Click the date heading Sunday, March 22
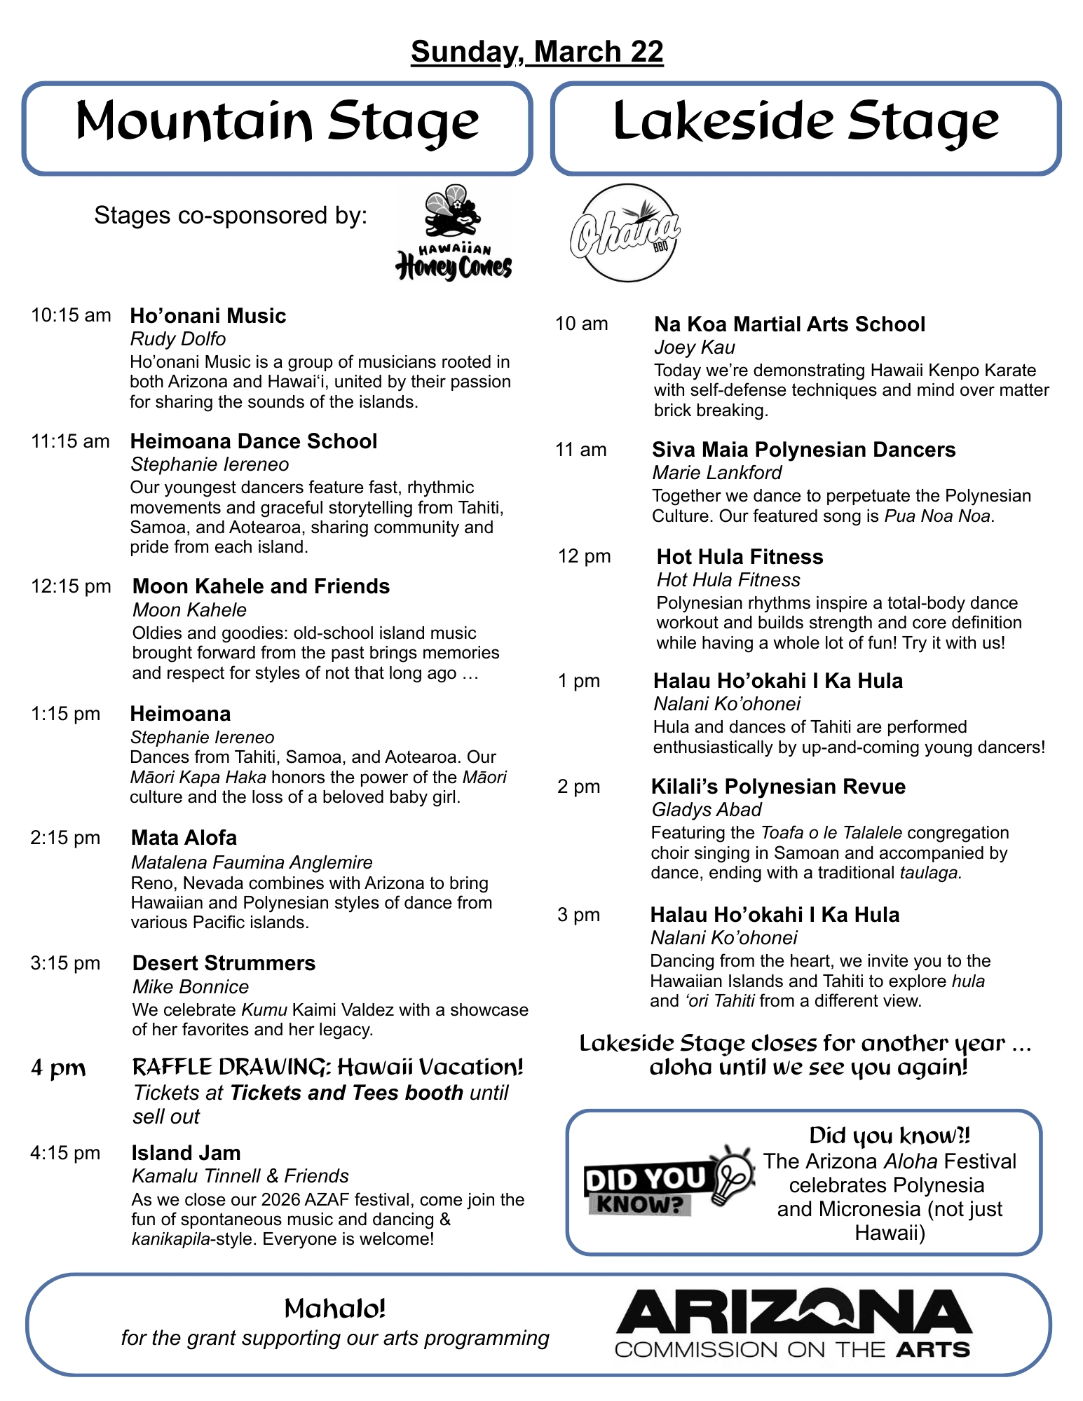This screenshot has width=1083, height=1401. point(537,52)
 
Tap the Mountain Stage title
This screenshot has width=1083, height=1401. point(277,122)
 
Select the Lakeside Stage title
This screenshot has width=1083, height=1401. point(805,122)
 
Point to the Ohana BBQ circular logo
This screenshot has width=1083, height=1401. point(625,233)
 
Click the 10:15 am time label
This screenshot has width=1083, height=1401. point(71,315)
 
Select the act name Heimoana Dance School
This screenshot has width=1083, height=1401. point(254,441)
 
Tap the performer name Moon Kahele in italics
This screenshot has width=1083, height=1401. point(189,610)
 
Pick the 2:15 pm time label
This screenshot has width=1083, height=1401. point(65,838)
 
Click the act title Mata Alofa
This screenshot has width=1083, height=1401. point(184,838)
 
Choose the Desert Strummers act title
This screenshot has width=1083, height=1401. point(224,963)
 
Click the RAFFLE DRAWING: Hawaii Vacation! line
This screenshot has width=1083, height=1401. point(327,1067)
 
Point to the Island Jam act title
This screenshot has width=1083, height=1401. point(186,1153)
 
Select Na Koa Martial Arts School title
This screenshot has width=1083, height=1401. point(789,324)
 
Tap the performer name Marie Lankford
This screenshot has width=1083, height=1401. point(716,473)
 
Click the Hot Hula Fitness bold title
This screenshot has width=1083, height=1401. point(740,557)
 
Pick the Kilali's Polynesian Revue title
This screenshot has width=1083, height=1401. point(778,787)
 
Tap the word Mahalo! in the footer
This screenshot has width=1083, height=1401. point(335,1309)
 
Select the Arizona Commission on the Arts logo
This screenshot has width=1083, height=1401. point(793,1324)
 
